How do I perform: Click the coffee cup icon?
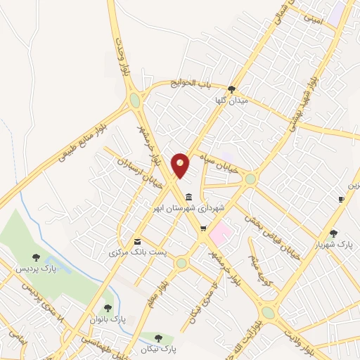click(341, 200)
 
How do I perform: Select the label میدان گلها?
click(232, 101)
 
